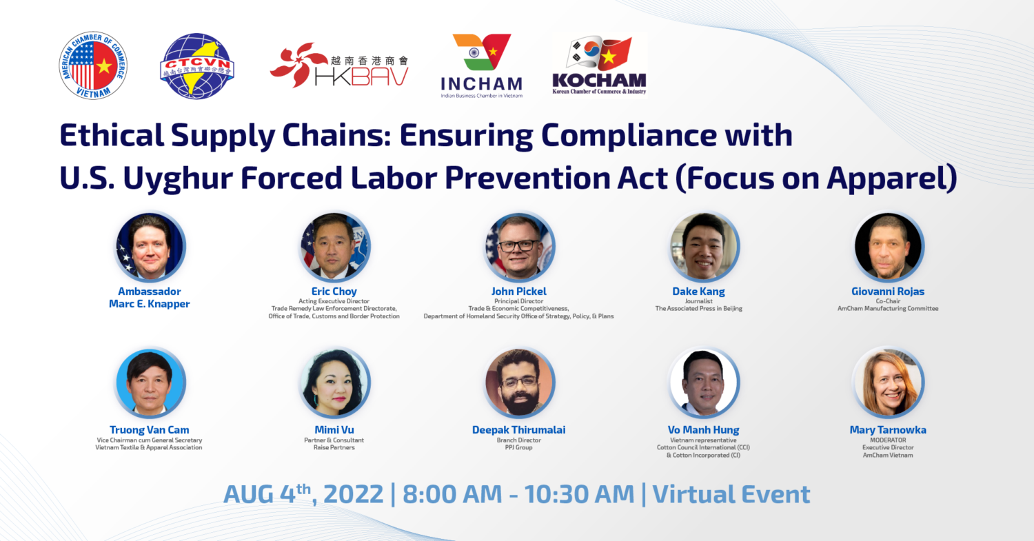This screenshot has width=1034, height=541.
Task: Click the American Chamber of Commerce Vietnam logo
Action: click(93, 65)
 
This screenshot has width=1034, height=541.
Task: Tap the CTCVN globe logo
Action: click(197, 65)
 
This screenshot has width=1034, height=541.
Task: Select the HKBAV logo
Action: click(339, 65)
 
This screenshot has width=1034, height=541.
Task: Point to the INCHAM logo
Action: click(481, 65)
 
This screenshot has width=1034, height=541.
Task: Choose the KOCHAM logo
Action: click(599, 65)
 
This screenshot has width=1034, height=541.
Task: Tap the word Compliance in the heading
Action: click(629, 136)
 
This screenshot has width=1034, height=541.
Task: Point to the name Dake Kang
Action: click(698, 292)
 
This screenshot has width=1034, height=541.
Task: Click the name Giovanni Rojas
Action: click(888, 292)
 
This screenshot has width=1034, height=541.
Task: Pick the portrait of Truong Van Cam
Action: click(150, 382)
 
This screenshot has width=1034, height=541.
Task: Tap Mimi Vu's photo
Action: click(334, 382)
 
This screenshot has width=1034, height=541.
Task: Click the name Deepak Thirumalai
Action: click(519, 430)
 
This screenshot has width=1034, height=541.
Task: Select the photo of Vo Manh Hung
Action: click(704, 382)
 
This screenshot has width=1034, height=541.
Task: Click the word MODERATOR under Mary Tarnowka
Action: click(888, 440)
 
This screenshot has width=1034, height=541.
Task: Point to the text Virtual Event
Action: click(731, 494)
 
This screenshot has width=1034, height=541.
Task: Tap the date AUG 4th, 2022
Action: click(303, 494)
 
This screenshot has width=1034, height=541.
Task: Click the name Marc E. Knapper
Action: click(149, 304)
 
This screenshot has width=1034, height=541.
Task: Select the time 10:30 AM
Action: click(579, 494)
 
